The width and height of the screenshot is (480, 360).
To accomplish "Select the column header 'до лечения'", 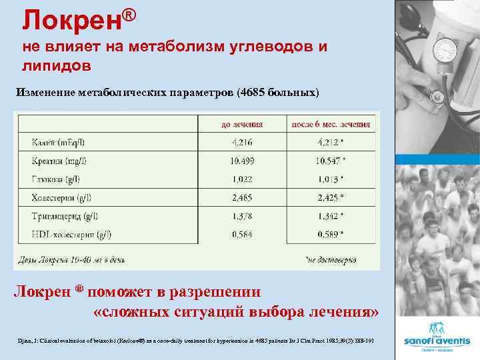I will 242,124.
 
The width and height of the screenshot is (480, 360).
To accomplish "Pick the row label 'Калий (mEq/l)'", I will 59,142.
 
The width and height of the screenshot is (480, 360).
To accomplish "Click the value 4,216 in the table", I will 242,142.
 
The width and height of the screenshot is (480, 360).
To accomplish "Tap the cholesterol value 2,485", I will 242,197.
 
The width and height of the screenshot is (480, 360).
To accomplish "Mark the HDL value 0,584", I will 242,234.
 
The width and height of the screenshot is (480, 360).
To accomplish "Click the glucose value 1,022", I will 242,179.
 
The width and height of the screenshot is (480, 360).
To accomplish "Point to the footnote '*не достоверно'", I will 331,259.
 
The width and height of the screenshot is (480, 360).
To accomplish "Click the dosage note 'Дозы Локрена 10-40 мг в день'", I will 71,259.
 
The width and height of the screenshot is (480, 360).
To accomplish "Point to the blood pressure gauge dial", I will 445,51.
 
